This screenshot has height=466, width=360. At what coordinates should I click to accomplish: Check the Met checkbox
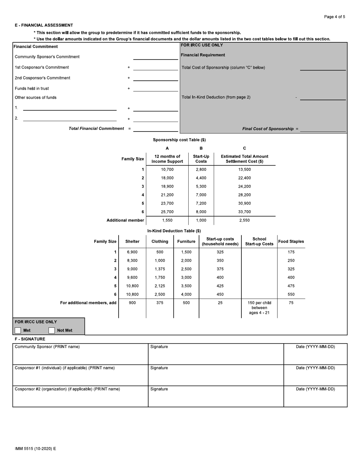pos(18,330)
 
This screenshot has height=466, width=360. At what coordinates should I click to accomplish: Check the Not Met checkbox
pos(52,330)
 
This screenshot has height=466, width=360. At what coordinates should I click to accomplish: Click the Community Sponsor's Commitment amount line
pos(155,56)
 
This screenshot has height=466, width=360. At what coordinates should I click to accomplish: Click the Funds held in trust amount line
pos(155,88)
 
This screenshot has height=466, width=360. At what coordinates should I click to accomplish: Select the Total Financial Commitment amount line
pos(155,128)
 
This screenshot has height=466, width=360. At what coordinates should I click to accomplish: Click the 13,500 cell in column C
pos(244,170)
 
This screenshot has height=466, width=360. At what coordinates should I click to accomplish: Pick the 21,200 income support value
pos(167,195)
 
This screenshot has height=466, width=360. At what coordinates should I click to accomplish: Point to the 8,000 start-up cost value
pos(201,212)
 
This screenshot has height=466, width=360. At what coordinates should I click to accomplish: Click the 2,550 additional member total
pos(244,220)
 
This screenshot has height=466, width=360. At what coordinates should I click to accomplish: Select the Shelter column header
pos(132,242)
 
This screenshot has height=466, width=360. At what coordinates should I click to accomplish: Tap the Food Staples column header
pos(291,242)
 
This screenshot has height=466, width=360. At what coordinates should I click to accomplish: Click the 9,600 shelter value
pos(132,278)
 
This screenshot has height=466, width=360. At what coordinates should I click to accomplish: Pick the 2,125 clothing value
pos(160,286)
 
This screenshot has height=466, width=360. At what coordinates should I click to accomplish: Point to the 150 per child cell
pos(259,308)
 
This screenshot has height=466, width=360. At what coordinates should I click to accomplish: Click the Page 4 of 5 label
pos(334,17)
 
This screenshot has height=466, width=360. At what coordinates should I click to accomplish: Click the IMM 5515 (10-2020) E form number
pos(35,449)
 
